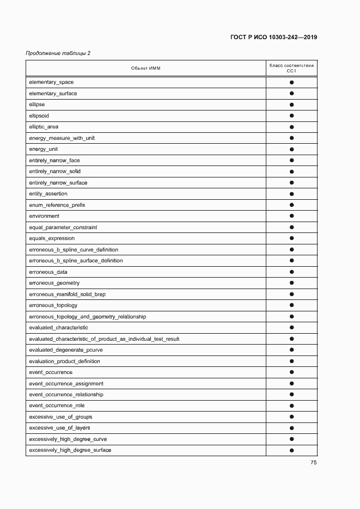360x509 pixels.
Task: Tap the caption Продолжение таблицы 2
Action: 58,53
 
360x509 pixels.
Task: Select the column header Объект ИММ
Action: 146,68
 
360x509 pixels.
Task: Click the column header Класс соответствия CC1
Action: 291,68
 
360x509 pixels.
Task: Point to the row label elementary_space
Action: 51,82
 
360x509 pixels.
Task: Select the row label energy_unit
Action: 44,149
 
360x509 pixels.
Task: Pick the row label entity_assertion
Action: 48,194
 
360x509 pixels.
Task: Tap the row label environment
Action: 44,216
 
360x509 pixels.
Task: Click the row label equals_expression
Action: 52,238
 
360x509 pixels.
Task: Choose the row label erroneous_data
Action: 48,272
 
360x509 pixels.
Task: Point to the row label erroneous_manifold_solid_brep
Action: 67,295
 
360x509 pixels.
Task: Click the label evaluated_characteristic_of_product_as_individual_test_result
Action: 104,339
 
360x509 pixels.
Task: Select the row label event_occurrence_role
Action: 57,406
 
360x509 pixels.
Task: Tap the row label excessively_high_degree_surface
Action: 70,450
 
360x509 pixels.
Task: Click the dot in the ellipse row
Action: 292,105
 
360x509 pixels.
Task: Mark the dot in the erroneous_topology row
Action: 292,305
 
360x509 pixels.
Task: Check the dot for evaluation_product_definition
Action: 292,361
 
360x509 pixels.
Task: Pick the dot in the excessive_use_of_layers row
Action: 292,428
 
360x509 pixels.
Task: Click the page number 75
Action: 314,463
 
